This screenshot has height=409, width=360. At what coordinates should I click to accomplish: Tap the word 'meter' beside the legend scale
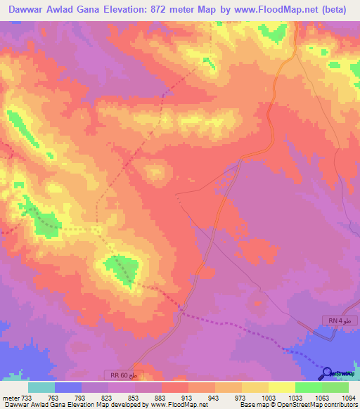[11, 397]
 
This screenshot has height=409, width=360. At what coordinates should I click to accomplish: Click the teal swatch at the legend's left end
[41, 387]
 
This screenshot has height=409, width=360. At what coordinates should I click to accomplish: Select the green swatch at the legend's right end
[335, 387]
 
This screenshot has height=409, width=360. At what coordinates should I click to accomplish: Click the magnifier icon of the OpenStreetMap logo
[328, 372]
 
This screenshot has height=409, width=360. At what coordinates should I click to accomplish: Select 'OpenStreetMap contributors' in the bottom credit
[320, 405]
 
